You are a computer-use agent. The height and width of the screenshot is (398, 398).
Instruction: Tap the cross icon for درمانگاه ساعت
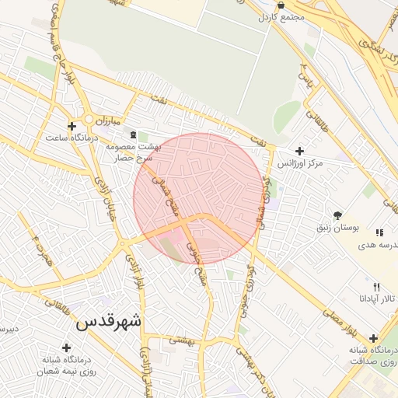(72, 125)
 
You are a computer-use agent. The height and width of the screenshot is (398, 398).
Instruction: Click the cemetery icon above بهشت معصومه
(132, 136)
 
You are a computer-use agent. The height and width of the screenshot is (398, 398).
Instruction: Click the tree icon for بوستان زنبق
(337, 215)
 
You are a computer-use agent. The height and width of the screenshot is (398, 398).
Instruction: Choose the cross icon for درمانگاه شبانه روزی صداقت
(374, 338)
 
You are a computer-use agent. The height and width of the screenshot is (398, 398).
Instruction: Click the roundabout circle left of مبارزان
(89, 120)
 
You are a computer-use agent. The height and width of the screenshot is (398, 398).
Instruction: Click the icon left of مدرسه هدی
(379, 232)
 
